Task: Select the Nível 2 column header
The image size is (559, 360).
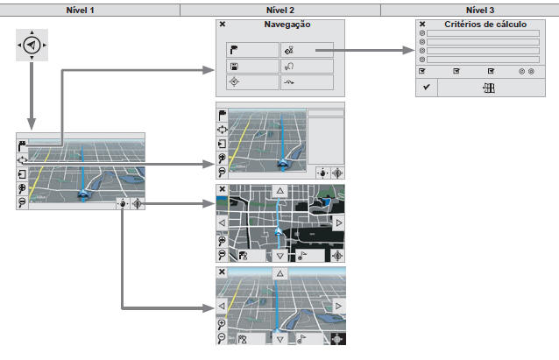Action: (279, 9)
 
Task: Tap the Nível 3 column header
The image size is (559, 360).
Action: (469, 9)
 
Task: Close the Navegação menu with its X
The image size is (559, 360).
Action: (223, 25)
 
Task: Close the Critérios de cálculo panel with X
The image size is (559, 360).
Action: (422, 25)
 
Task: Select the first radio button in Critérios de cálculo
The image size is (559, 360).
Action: (422, 33)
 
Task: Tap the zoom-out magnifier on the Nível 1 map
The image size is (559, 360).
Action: (21, 202)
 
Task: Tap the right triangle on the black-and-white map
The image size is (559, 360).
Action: (338, 223)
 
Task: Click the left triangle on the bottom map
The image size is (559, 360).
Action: (222, 306)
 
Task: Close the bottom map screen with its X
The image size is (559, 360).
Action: (222, 272)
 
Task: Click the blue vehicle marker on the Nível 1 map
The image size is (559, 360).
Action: (82, 195)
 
